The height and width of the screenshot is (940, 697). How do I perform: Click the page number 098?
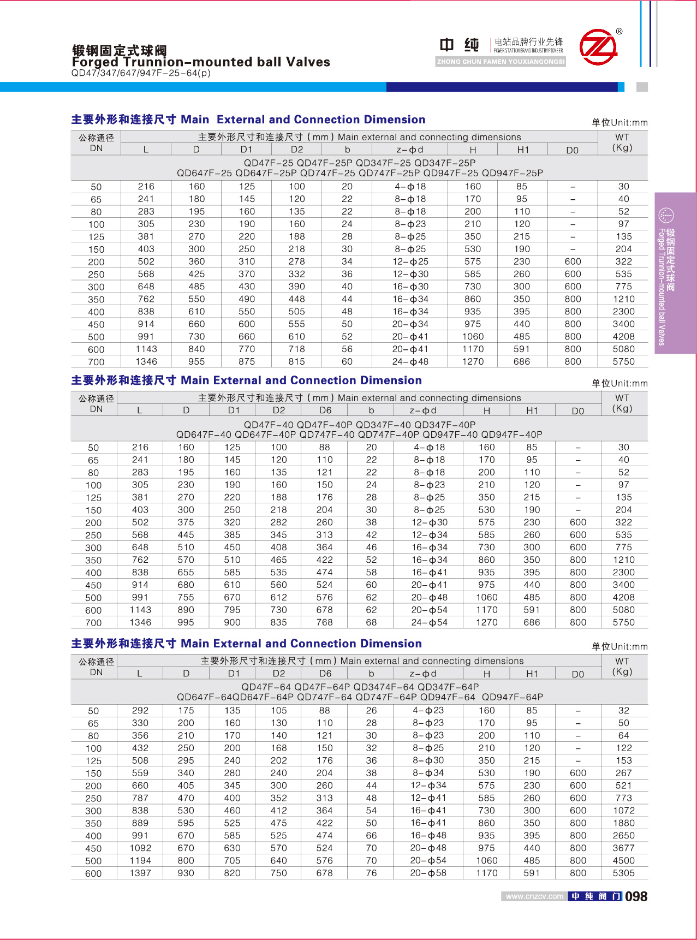point(636,896)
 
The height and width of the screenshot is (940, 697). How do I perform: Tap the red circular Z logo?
point(598,47)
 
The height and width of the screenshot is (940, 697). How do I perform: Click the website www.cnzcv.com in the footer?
point(534,896)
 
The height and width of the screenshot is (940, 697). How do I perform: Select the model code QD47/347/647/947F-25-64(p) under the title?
point(141,73)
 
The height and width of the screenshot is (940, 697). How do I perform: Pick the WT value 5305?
point(623,873)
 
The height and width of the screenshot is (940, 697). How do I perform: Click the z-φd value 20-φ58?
point(428,873)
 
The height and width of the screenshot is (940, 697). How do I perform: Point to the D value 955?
point(196,361)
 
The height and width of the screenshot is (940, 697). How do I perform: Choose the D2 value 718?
point(297,349)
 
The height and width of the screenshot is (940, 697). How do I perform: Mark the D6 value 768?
point(325,622)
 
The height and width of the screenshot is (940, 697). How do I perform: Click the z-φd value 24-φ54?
point(429,622)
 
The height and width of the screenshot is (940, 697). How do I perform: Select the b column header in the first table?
point(347,150)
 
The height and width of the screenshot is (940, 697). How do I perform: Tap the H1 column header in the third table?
point(532,674)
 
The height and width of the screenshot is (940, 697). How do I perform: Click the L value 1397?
point(140,873)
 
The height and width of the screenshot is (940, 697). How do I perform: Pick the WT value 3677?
point(623,848)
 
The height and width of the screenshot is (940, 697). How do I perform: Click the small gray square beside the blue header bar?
point(642,87)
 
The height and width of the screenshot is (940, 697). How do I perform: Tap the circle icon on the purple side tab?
point(666,215)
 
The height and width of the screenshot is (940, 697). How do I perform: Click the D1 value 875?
point(247,361)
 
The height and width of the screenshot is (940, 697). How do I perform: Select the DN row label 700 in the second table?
point(93,623)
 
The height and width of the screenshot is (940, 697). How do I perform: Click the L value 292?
point(140,710)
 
